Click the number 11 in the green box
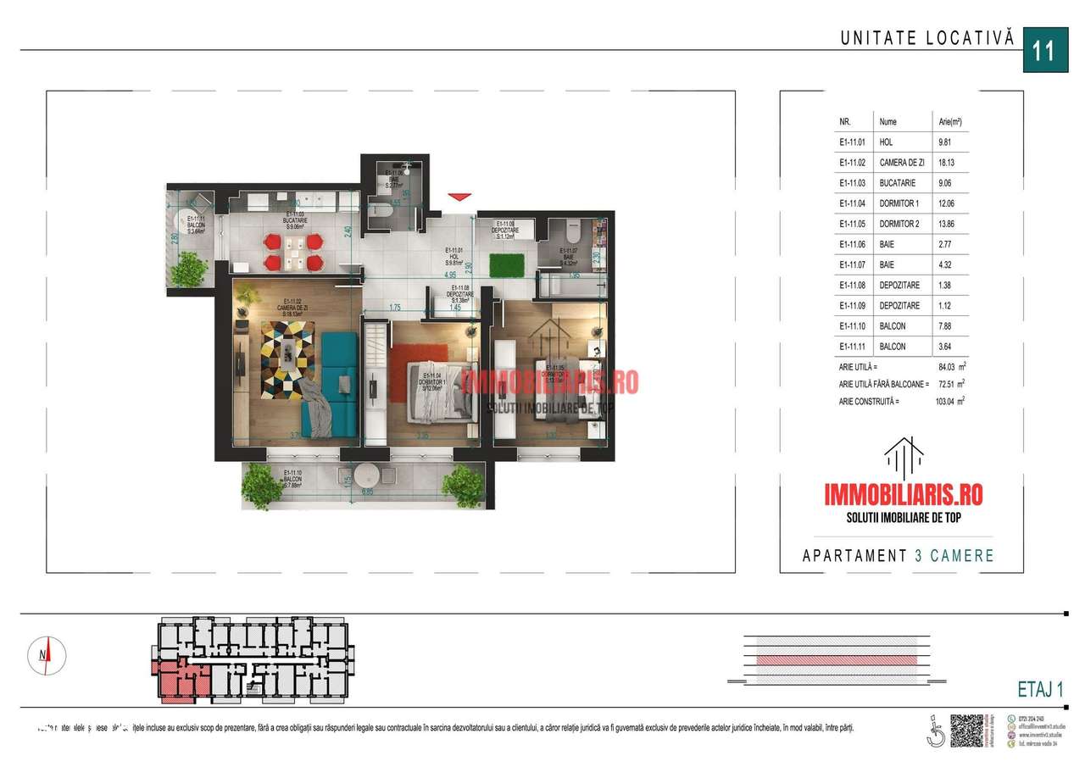pyautogui.click(x=1043, y=50)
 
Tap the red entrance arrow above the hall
pyautogui.click(x=459, y=197)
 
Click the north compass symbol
pyautogui.click(x=49, y=653)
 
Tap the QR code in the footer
pyautogui.click(x=966, y=730)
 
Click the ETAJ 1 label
pyautogui.click(x=1038, y=690)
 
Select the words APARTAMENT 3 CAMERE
pyautogui.click(x=898, y=556)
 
